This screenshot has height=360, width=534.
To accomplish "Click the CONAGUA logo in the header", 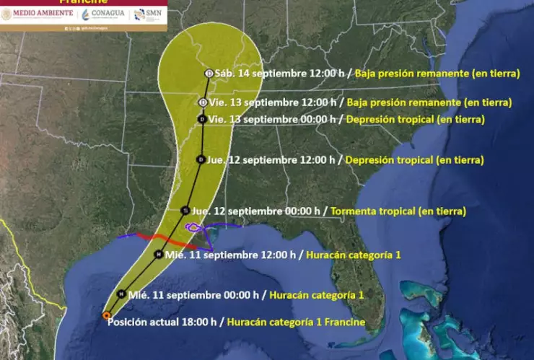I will click(104, 14).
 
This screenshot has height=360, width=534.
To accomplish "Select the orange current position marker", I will click(106, 315).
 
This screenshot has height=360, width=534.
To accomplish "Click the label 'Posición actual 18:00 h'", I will click(165, 322).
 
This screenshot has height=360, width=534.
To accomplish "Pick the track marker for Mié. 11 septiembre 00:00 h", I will click(121, 294).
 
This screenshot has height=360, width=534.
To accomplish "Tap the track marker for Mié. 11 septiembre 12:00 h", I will click(159, 254).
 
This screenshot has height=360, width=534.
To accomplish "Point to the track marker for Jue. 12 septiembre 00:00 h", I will click(185, 211).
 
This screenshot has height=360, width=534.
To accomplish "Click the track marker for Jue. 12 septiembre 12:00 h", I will click(201, 159).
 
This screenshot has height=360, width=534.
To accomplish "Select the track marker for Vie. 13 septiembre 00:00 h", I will click(202, 119).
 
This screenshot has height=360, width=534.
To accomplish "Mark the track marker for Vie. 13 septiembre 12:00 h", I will click(203, 102).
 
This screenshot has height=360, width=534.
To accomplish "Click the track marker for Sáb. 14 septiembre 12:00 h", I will click(209, 73).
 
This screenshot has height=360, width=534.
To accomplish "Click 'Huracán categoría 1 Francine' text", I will click(296, 322).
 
